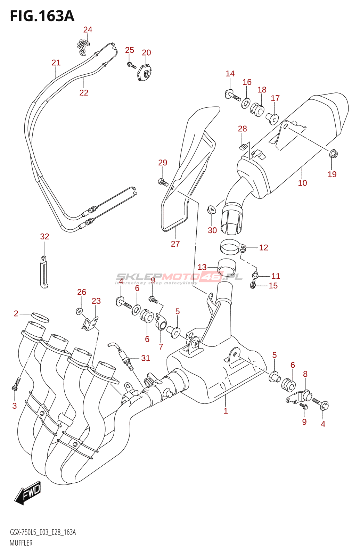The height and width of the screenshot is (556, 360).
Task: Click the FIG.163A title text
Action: click(42, 16)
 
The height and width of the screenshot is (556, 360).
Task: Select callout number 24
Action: click(88, 30)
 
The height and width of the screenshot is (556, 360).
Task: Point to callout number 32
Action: click(45, 237)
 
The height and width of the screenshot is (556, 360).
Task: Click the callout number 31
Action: click(146, 358)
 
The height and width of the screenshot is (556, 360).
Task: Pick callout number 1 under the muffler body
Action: click(226, 411)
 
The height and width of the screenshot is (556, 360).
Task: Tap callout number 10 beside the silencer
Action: click(302, 183)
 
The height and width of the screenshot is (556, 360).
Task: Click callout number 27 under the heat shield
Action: click(175, 244)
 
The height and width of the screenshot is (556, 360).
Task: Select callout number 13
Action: click(202, 267)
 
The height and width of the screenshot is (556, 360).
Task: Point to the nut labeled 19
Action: click(333, 154)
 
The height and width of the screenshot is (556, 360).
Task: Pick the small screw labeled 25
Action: click(131, 65)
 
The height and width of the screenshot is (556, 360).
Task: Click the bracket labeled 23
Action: click(90, 324)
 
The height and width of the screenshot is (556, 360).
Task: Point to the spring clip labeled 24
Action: click(83, 47)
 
